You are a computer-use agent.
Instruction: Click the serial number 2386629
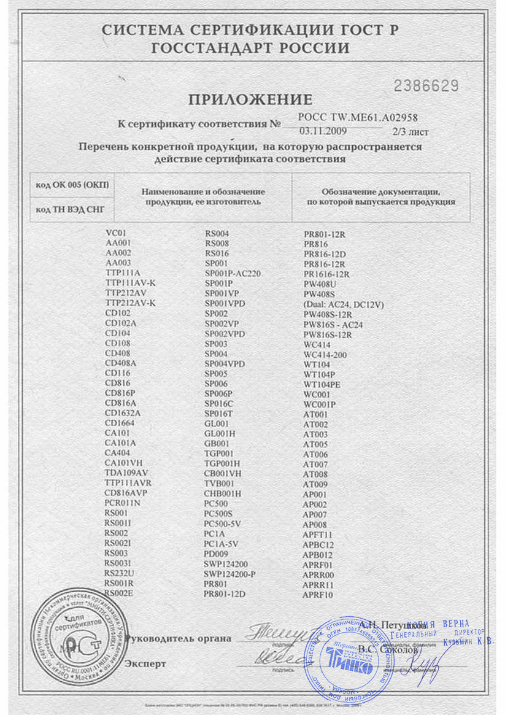pos(426,85)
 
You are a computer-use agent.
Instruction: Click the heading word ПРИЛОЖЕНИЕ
pos(250,99)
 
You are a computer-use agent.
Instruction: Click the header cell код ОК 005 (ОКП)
pos(72,185)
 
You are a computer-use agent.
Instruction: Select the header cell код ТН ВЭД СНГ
pos(71,209)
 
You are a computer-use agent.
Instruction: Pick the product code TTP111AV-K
pos(130,283)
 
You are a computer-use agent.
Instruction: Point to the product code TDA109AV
pos(126,473)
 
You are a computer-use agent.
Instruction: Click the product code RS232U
pos(119,573)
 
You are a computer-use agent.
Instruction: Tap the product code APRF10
pos(318,595)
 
